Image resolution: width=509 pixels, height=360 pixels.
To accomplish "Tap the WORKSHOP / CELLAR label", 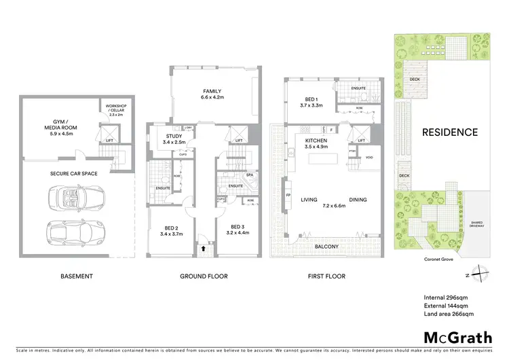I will point(112,110).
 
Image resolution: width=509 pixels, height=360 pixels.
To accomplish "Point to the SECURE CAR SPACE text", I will point(74,173).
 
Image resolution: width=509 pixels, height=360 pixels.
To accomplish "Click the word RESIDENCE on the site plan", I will point(451,132).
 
